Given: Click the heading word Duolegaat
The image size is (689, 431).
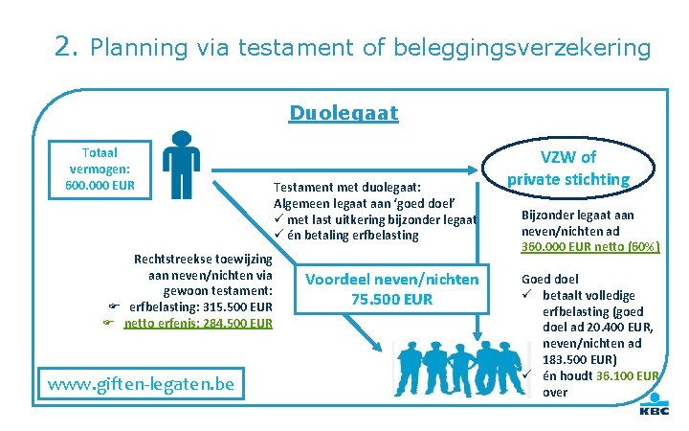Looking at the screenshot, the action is [344, 114].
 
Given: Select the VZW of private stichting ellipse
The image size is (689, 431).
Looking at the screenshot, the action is [567, 168].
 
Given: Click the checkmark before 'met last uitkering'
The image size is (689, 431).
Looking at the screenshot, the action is [279, 219].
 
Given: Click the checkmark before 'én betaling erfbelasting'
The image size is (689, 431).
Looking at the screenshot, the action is [279, 236].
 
